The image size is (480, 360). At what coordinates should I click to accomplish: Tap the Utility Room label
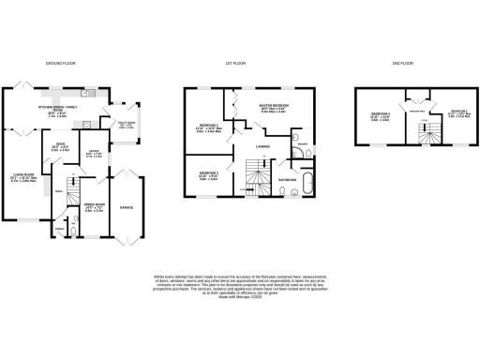point(125,124)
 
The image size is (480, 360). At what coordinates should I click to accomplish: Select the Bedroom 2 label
point(209,128)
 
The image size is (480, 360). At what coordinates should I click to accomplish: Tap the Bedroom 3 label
point(208,175)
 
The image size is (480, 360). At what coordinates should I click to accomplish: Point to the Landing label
point(263,147)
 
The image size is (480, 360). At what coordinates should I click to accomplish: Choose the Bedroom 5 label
point(457,112)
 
